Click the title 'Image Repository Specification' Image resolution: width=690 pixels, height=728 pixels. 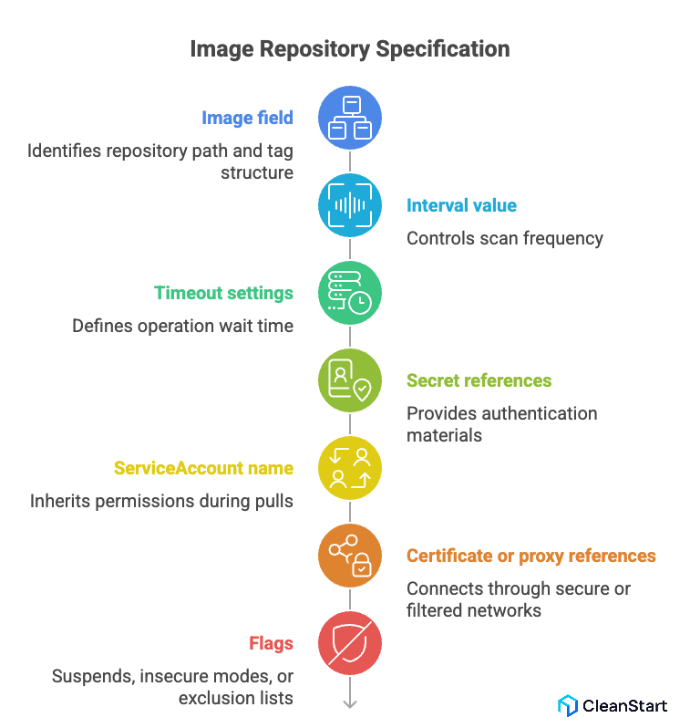(x=349, y=48)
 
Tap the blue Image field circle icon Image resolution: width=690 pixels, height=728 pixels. (x=350, y=118)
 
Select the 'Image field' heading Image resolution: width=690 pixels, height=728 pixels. (x=247, y=118)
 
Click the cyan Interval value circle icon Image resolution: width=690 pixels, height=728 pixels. (x=350, y=205)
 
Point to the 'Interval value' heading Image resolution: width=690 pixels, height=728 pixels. (x=461, y=205)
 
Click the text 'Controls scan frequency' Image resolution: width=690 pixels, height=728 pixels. (x=504, y=238)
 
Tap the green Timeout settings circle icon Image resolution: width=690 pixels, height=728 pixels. (x=350, y=293)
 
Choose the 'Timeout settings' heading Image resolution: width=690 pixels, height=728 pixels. (x=223, y=293)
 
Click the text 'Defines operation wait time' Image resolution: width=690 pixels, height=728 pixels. (x=182, y=326)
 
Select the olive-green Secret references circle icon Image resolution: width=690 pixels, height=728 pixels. (x=350, y=380)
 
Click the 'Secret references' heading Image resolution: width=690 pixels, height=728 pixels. (x=479, y=380)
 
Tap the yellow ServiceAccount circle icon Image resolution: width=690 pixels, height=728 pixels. (x=350, y=468)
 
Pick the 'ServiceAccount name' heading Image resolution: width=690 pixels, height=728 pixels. (x=203, y=468)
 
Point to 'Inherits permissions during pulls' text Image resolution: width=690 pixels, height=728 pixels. (x=161, y=501)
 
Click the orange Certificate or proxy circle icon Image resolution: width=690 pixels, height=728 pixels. (x=350, y=556)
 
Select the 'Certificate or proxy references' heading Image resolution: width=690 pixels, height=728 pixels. (x=530, y=556)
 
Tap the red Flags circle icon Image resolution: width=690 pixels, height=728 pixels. (x=350, y=643)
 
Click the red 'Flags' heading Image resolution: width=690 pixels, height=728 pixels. (x=271, y=643)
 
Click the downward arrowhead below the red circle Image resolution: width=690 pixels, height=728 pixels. (x=350, y=702)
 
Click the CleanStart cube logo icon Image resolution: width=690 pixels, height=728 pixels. (x=567, y=705)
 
